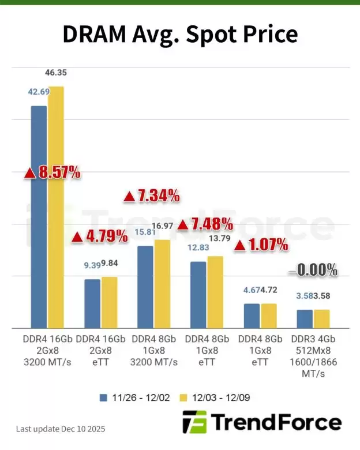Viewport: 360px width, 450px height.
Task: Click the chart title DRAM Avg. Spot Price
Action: click(x=179, y=35)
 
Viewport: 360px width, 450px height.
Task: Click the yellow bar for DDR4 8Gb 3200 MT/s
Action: click(x=163, y=283)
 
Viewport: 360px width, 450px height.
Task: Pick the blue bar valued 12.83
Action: click(x=198, y=294)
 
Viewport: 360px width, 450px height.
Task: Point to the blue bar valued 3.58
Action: click(x=305, y=318)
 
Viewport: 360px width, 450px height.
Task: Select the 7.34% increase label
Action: click(x=152, y=196)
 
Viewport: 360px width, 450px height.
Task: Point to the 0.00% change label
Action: click(x=313, y=269)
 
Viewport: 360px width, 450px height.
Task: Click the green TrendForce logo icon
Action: click(x=194, y=423)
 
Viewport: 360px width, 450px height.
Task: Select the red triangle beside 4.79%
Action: click(x=77, y=237)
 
